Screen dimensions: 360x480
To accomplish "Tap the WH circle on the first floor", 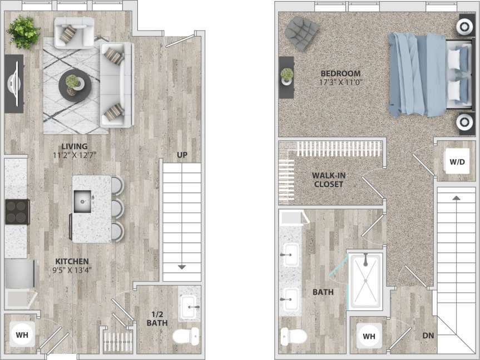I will pyautogui.click(x=22, y=334).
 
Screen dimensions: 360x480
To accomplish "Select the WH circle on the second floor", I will pyautogui.click(x=369, y=336).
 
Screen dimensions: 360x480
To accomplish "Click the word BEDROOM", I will pyautogui.click(x=340, y=73).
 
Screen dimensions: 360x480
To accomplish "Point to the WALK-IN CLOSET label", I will pyautogui.click(x=328, y=180).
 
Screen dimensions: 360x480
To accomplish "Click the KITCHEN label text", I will pyautogui.click(x=72, y=261).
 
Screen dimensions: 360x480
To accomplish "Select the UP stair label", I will pyautogui.click(x=182, y=155).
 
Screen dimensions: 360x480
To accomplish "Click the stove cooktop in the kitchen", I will pyautogui.click(x=17, y=211).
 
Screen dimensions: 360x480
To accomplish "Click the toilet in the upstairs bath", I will pyautogui.click(x=293, y=336).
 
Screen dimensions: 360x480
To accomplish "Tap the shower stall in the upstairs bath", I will pyautogui.click(x=365, y=281).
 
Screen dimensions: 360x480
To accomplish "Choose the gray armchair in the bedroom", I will pyautogui.click(x=301, y=32).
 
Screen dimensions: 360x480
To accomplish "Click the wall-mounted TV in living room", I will pyautogui.click(x=14, y=83).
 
